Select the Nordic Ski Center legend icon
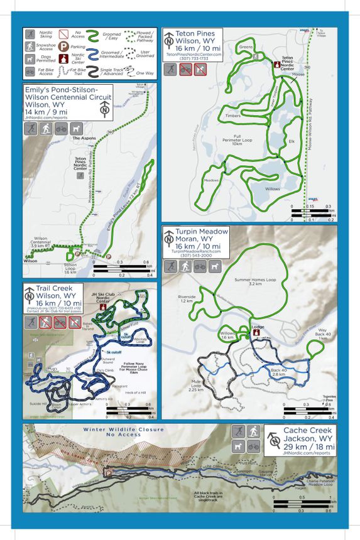(x=63, y=61)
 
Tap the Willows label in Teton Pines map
(x=272, y=188)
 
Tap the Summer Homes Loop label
(x=251, y=281)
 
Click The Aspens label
(x=84, y=138)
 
